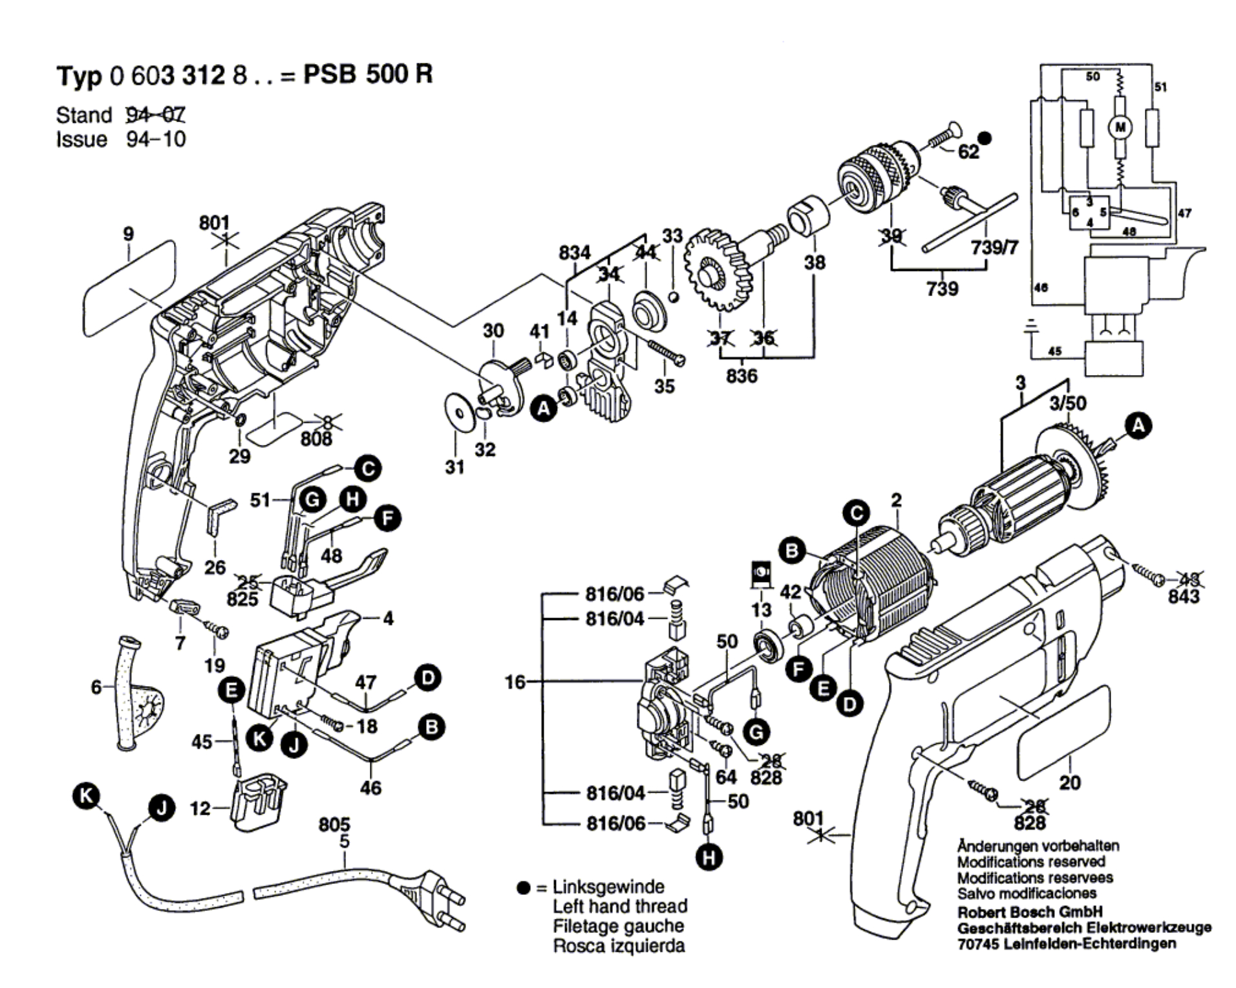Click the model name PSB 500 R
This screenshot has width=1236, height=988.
[x=368, y=74]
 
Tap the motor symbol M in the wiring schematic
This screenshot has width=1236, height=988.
[x=1120, y=127]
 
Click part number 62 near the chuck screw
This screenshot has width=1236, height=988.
[x=968, y=152]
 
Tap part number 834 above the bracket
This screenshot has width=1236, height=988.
[x=575, y=253]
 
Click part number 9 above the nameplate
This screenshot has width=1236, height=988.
[x=129, y=234]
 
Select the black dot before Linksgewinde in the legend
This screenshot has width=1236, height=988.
[x=524, y=888]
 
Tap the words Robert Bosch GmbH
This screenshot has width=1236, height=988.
[x=1029, y=912]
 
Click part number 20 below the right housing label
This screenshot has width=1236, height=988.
[x=1070, y=782]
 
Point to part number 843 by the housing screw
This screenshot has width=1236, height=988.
[x=1184, y=596]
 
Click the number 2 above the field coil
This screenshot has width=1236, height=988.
[x=896, y=500]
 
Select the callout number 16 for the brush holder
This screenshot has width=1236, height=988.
[x=515, y=682]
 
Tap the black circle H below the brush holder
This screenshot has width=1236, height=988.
[x=709, y=857]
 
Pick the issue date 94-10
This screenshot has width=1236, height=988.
[x=156, y=139]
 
